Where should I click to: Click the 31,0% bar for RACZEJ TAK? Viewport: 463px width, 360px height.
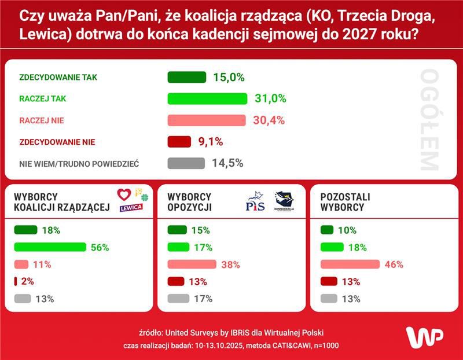207,99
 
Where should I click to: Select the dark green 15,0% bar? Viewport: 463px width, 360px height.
186,77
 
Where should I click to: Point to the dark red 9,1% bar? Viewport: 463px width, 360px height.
179,142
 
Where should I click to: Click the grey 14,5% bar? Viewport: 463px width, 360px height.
186,163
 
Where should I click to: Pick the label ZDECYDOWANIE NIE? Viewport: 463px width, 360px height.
57,142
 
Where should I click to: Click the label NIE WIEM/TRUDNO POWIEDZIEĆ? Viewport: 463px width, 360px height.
79,164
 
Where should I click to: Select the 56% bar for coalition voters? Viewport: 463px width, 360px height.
50,247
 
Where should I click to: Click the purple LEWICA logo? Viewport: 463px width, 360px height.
131,208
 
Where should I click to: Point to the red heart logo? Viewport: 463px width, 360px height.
124,194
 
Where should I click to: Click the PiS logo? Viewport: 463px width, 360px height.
255,203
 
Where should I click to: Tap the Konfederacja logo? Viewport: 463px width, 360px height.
284,201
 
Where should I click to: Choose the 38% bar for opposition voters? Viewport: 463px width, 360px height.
192,265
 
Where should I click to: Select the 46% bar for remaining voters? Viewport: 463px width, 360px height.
350,265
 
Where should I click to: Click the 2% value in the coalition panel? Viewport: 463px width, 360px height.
27,282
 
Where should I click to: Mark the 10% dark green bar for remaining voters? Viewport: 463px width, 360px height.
326,230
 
